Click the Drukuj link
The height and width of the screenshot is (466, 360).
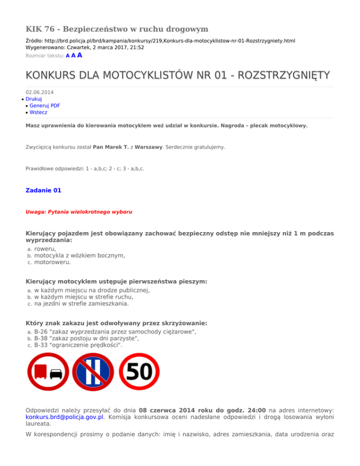tap(34, 99)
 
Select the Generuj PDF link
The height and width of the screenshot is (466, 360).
tap(45, 106)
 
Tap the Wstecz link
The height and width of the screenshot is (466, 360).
tap(38, 113)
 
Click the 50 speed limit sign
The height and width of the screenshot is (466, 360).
tap(140, 373)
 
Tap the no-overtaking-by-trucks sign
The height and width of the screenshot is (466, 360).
tap(48, 373)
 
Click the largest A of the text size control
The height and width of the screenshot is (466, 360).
tap(80, 55)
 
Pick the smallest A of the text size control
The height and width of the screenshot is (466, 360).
tap(68, 56)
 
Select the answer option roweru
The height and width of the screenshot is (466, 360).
tap(45, 249)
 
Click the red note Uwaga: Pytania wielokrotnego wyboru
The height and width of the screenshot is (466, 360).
tap(79, 212)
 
